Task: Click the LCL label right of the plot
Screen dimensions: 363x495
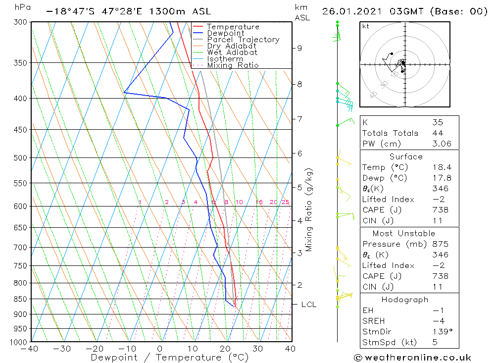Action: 308,305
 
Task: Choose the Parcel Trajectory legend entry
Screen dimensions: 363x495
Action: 243,40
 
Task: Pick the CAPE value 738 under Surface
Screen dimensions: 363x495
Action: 441,210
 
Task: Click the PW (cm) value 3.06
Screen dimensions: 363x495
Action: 441,144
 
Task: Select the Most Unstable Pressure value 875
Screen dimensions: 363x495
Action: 441,244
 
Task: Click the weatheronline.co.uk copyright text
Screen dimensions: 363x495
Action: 412,357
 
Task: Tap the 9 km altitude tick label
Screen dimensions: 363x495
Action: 299,48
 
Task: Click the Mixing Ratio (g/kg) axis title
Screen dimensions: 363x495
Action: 309,209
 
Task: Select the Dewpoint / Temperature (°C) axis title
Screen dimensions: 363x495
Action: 170,358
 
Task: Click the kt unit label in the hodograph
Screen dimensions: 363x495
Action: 365,26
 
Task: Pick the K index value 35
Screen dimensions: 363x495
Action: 438,122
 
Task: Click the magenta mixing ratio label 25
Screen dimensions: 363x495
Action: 285,202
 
